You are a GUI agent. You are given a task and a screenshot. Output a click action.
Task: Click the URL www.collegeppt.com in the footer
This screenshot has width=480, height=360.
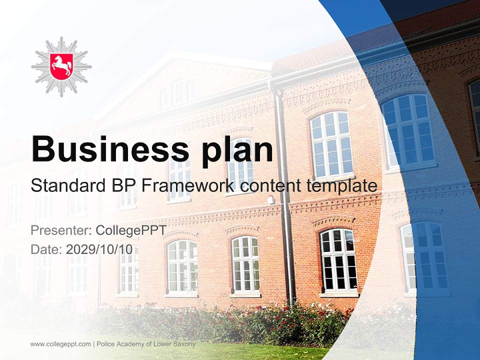[x=60, y=344]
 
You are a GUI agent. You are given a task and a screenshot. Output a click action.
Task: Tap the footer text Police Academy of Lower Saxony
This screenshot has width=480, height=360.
[x=146, y=344]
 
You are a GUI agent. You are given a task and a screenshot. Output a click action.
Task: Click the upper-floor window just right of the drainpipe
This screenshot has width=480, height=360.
[x=331, y=144]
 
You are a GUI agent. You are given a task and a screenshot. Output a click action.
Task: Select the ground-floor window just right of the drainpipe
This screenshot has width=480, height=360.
[x=338, y=260]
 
